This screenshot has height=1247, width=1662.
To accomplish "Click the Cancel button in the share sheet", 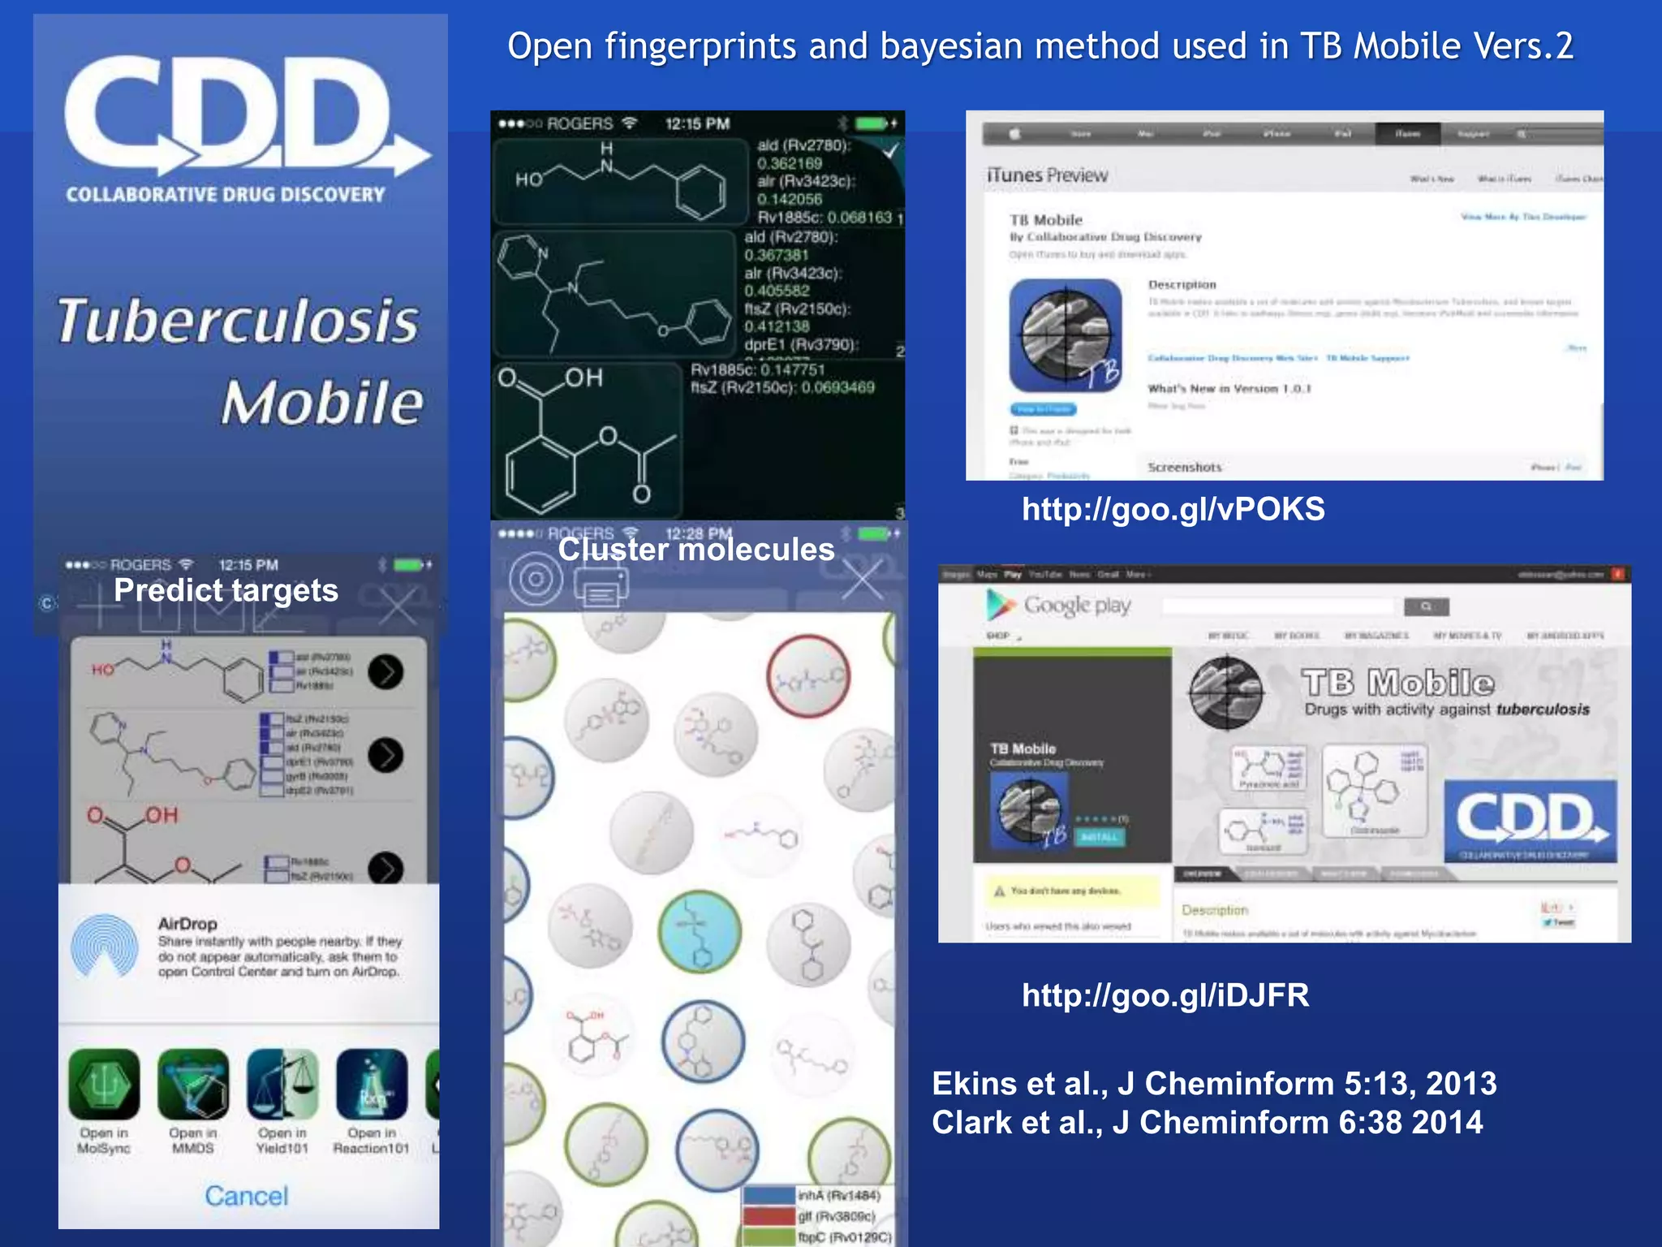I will (246, 1195).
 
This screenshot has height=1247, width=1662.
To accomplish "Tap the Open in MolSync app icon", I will (104, 1085).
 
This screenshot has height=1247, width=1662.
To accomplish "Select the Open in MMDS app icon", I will (193, 1085).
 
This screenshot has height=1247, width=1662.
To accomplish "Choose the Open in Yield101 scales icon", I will (282, 1085).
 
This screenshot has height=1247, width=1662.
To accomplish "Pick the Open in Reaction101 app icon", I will (372, 1085).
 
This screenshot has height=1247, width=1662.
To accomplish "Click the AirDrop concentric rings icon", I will (105, 947).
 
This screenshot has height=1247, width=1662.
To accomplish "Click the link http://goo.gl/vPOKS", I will (1173, 510).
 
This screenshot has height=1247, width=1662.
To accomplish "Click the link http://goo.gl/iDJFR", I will (1165, 995).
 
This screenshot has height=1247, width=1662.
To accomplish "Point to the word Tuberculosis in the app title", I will (238, 321).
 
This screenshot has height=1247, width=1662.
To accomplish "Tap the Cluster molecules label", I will (696, 550).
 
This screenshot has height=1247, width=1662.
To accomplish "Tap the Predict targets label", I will (226, 590).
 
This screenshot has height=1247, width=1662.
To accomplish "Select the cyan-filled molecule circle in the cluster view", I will (700, 931).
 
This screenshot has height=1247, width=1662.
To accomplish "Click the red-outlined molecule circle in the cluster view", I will (808, 676).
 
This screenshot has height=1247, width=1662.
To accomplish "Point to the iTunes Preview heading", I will (1047, 175).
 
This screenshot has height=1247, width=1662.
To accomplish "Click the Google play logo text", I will (1076, 606).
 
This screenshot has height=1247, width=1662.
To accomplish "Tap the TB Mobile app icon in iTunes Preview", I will (1066, 335).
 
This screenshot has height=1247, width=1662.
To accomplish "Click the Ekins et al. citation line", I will (1214, 1084).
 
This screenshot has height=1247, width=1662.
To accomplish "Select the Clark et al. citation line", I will (1208, 1123).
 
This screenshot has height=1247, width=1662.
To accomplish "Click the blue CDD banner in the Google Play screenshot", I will (1530, 821).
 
